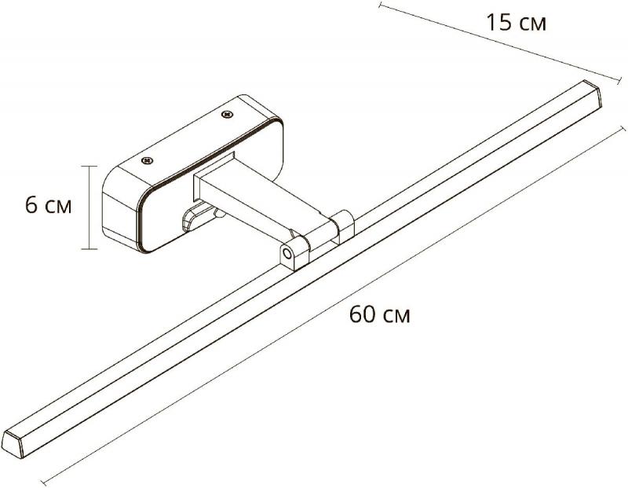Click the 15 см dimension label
coord(516,22)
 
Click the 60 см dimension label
coord(380,314)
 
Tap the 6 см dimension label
coord(49,205)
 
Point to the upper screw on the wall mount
coord(228,114)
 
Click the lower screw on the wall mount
coord(148,161)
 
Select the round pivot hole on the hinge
coord(287,253)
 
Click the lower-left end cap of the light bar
coord(12,443)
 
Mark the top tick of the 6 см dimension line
coord(89,166)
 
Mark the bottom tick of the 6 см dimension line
coord(89,249)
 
